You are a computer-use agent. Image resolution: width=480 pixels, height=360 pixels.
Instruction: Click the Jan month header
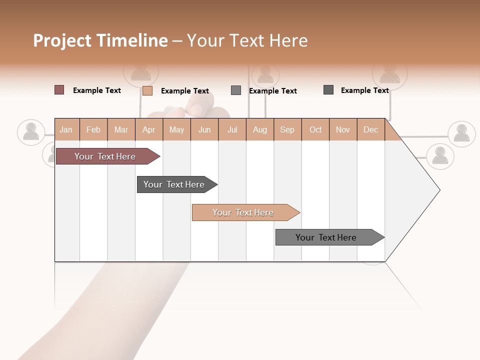[x=66, y=129]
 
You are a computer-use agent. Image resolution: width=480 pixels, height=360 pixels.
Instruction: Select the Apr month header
[x=148, y=129]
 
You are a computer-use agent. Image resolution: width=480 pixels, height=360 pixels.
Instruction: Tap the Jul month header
[x=232, y=129]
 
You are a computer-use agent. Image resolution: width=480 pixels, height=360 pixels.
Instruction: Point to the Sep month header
[x=287, y=129]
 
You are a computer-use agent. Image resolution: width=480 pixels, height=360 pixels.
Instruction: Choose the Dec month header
[x=370, y=129]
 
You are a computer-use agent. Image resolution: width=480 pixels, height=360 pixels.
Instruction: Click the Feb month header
[x=93, y=129]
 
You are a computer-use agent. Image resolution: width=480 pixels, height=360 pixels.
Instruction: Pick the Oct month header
[x=315, y=129]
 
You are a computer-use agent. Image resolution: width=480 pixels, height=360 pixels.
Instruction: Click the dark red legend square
[x=59, y=90]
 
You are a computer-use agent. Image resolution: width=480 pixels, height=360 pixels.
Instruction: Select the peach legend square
[x=147, y=90]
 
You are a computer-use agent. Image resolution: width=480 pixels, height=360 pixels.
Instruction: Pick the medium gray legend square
[x=236, y=90]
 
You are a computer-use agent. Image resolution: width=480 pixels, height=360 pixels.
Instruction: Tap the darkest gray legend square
[x=328, y=90]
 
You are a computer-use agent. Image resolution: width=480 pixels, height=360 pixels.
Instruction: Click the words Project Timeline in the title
[x=100, y=40]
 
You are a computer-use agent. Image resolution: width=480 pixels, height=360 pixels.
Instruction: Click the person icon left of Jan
[x=31, y=132]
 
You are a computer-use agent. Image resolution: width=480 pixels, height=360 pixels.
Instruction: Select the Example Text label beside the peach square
[x=184, y=91]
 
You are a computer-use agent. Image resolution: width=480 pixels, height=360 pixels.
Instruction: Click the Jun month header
[x=204, y=129]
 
